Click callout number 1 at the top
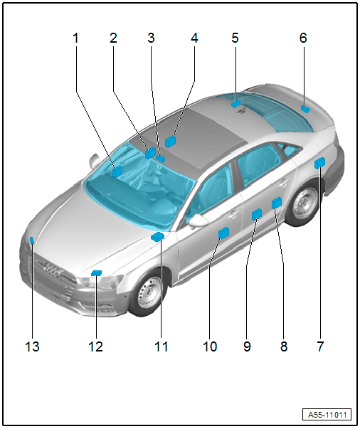[x=76, y=38]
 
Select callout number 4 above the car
[x=194, y=38]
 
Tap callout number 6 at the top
[x=303, y=38]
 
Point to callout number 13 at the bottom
[x=32, y=346]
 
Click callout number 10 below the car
[x=210, y=346]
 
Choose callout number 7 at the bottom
[x=320, y=346]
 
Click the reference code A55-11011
[x=327, y=415]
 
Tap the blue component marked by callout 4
[x=170, y=142]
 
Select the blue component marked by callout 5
[x=235, y=104]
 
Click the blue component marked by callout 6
[x=305, y=109]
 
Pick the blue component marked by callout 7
[x=319, y=163]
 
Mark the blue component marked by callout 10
[x=224, y=233]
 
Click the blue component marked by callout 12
[x=96, y=272]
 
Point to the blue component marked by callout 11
[x=157, y=237]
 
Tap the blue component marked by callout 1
[x=117, y=171]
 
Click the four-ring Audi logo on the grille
[x=53, y=270]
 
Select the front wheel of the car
[x=147, y=293]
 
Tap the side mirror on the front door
[x=198, y=221]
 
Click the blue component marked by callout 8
[x=277, y=203]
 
